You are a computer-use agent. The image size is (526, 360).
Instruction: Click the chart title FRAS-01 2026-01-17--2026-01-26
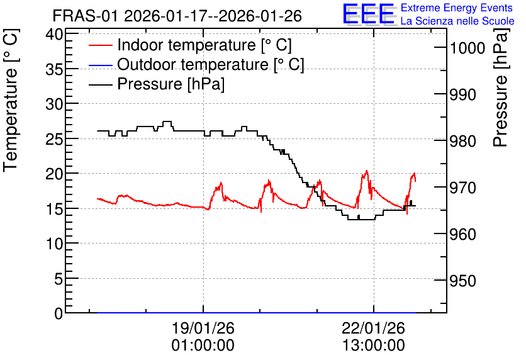(x=177, y=16)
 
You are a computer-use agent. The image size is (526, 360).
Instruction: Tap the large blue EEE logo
(x=368, y=14)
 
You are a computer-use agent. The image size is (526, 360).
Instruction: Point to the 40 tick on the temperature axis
(x=54, y=34)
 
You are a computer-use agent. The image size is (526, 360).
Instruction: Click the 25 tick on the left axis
(x=54, y=139)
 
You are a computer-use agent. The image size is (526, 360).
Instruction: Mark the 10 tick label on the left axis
(x=54, y=244)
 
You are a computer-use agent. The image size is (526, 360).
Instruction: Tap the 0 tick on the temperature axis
(x=59, y=313)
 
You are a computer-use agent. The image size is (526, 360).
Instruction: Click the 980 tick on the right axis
(x=462, y=141)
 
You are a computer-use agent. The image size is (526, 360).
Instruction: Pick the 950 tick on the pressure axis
(x=462, y=281)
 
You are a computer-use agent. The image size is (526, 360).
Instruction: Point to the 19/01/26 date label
(x=203, y=328)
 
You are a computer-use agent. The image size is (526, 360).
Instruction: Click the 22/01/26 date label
(x=373, y=328)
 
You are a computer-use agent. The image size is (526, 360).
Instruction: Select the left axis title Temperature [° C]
(x=11, y=101)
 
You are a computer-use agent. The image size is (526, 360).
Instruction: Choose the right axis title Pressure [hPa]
(x=501, y=88)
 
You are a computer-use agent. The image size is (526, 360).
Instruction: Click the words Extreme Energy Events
(x=457, y=8)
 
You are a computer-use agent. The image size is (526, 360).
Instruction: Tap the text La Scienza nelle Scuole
(x=457, y=21)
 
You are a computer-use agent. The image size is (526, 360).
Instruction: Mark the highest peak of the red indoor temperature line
(x=366, y=171)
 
